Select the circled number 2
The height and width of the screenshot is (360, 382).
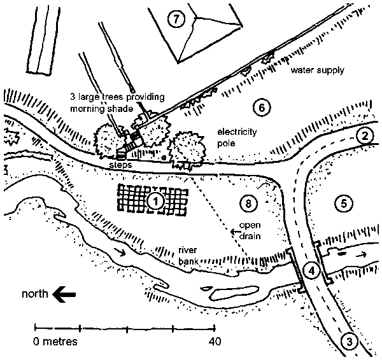tap(364, 135)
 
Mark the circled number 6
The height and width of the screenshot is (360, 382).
tap(260, 107)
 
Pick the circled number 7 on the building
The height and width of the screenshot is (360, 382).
tap(177, 19)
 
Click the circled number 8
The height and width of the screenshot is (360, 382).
tap(248, 204)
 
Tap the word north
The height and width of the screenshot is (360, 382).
tap(35, 294)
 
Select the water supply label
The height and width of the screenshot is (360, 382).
tap(317, 71)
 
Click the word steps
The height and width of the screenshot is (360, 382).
tap(122, 163)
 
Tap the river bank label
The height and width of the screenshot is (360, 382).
tap(190, 254)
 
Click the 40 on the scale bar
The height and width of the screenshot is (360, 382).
tap(214, 342)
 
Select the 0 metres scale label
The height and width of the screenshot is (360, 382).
tap(56, 342)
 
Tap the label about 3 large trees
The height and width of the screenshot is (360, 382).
tap(117, 102)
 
